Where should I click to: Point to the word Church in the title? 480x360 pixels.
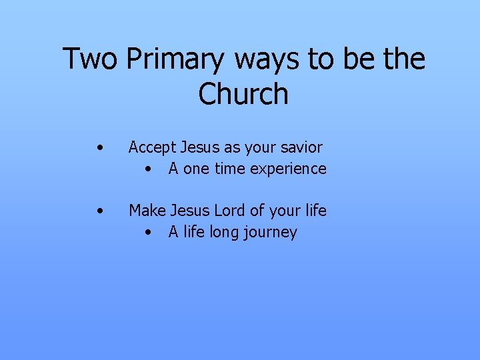point(243,94)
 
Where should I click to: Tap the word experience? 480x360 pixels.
point(288,169)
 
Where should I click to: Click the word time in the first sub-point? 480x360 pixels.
point(230,169)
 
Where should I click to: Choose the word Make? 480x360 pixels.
point(147,211)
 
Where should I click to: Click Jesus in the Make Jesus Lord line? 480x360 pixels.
point(190,211)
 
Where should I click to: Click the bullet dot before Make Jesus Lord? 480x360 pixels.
point(99,211)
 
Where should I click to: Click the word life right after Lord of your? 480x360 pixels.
point(314,211)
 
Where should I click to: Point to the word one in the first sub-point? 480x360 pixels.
point(196,169)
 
